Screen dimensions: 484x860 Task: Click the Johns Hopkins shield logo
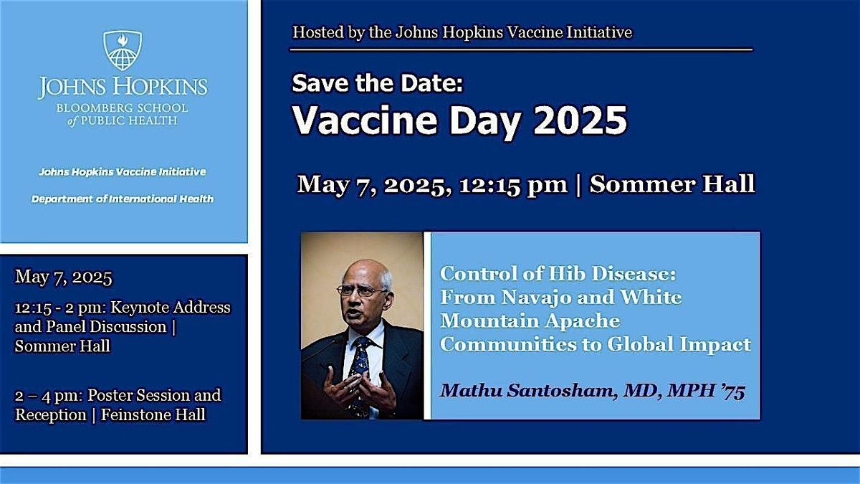point(123,50)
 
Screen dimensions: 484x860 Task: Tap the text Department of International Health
point(123,199)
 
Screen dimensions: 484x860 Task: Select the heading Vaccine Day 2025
point(459,120)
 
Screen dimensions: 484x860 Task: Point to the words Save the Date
point(378,85)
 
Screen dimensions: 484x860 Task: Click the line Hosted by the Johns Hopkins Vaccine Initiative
point(462,32)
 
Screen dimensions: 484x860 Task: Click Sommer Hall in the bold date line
point(672,184)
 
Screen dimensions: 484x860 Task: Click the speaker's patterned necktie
point(359,366)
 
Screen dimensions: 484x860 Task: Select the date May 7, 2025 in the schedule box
point(64,277)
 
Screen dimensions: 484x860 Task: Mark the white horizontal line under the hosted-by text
point(521,50)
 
